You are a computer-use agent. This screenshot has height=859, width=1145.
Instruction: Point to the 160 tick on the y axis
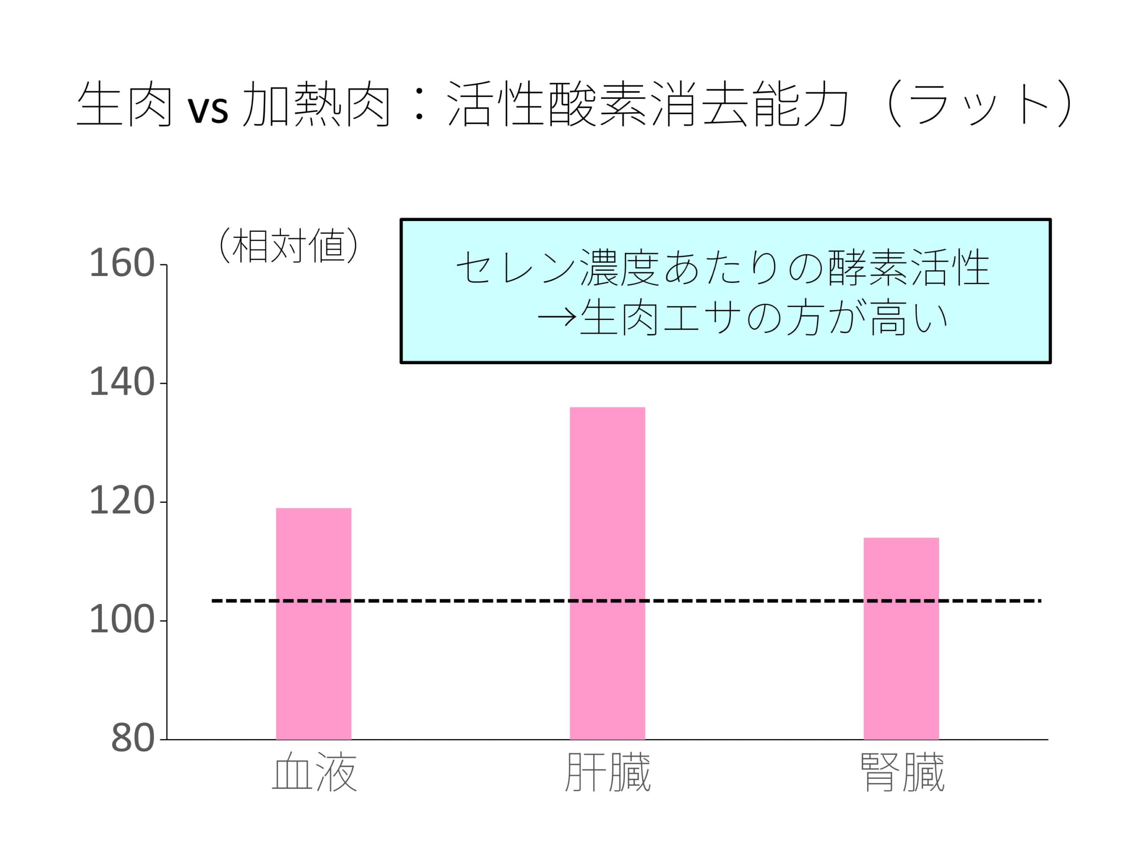[122, 264]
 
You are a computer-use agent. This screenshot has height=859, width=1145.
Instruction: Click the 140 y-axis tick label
[122, 383]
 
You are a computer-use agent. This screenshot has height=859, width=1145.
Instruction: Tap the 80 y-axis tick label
[132, 739]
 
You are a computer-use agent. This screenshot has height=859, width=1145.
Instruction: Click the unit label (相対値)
[288, 245]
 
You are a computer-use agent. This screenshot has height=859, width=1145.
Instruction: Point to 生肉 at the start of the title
[124, 105]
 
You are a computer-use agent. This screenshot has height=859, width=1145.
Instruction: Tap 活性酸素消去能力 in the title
[647, 105]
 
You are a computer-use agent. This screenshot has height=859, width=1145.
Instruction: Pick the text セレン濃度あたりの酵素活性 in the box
[723, 268]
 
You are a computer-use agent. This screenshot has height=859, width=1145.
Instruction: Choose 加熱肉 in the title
[317, 105]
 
